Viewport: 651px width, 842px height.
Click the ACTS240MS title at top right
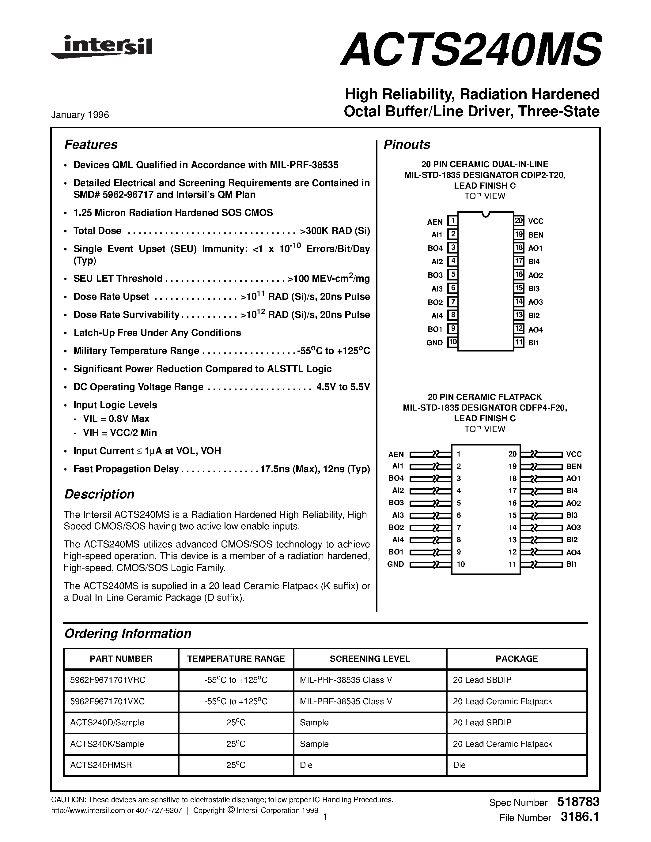(x=470, y=49)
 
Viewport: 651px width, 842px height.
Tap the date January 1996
(x=80, y=115)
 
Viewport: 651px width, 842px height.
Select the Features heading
(x=91, y=145)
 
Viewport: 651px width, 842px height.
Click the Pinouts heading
(x=407, y=145)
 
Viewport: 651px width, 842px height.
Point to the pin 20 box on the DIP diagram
(x=519, y=221)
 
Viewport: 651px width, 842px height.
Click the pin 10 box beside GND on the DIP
(x=452, y=342)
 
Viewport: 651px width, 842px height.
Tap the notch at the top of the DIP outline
(x=486, y=214)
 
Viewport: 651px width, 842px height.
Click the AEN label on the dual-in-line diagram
(x=435, y=222)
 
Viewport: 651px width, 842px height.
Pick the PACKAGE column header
(x=517, y=659)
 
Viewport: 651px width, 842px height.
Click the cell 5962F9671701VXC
(x=108, y=701)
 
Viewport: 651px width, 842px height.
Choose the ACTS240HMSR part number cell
(x=101, y=765)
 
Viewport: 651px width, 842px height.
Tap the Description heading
(x=99, y=494)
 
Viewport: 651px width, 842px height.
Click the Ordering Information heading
(x=128, y=633)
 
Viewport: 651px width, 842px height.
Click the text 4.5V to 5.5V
(x=343, y=387)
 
